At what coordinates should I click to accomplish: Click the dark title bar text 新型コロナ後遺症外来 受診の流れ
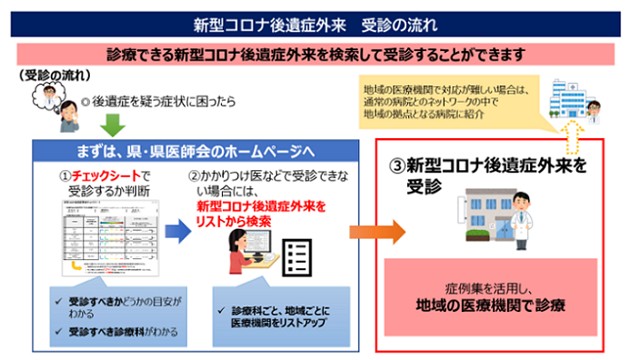pos(314,22)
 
